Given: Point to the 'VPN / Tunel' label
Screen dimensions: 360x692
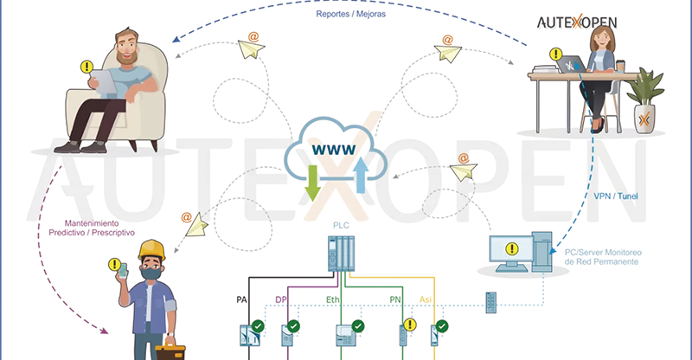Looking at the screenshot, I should click(617, 196).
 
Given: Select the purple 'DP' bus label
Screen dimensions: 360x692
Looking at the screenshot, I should click(280, 299).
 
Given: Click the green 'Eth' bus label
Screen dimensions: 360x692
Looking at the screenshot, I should click(333, 299).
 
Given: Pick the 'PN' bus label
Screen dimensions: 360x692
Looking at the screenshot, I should click(395, 299).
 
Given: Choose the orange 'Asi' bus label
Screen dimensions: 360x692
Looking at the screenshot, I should click(426, 299).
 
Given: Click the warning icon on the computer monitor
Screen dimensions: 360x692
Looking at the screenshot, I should click(513, 249).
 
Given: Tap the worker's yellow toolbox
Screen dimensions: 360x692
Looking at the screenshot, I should click(176, 350).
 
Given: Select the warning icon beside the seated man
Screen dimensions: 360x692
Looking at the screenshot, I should click(86, 66).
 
